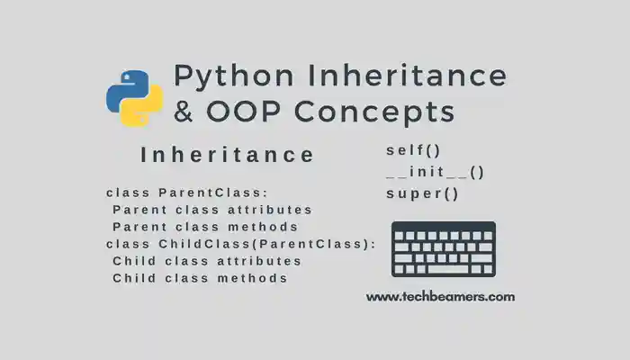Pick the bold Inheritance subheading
[228, 155]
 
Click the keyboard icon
[443, 249]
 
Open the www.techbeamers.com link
[440, 296]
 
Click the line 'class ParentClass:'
[187, 193]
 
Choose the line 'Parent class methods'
[205, 227]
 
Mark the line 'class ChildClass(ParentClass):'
[240, 244]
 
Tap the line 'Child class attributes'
[207, 261]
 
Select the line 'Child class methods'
[200, 278]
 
